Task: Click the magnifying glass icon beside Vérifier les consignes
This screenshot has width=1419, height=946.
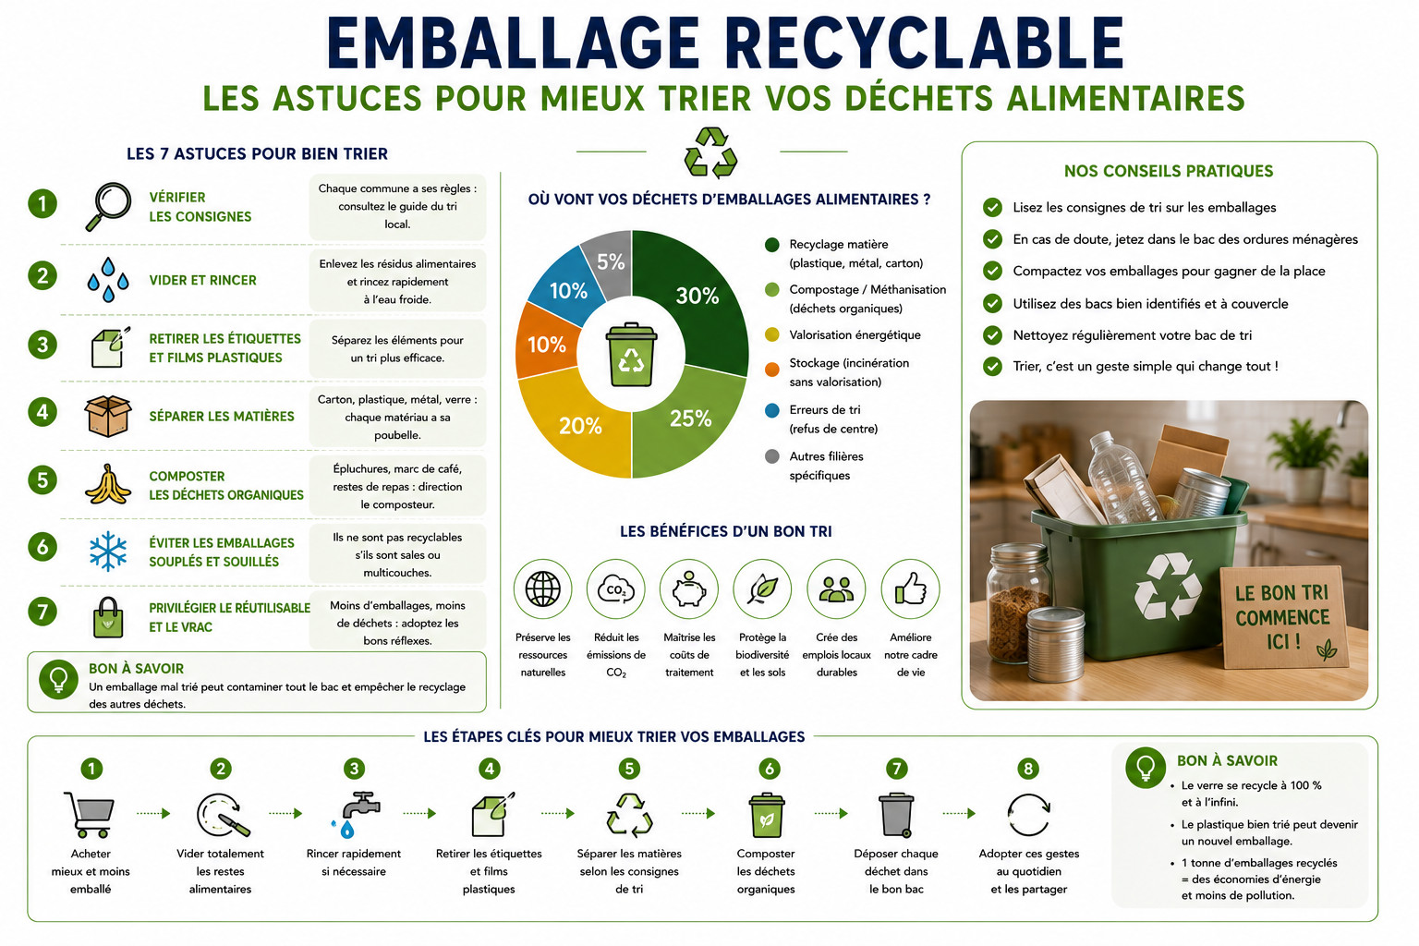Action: [108, 207]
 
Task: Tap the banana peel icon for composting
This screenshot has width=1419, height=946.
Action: [108, 485]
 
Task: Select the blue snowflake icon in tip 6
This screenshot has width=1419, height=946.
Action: [108, 551]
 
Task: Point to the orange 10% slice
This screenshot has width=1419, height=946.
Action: [546, 344]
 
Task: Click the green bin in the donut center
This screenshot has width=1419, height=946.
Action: [632, 354]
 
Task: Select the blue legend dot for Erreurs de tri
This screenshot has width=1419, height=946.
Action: [771, 410]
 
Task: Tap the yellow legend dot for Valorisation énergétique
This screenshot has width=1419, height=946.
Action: [771, 335]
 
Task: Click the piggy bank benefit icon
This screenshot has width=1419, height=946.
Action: [689, 589]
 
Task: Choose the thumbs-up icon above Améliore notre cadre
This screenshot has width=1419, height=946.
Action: [910, 588]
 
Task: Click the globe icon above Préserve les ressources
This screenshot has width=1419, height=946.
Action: [543, 588]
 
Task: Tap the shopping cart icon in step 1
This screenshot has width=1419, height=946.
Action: [90, 814]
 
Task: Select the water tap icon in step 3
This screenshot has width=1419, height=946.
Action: [356, 814]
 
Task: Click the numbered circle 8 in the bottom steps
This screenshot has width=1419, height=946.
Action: [1028, 770]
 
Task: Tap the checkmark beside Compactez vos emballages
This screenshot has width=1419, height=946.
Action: [993, 272]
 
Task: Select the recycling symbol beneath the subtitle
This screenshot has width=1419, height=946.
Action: [710, 152]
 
